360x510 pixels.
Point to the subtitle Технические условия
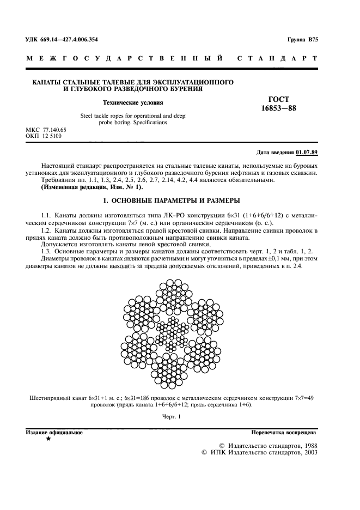tap(133, 102)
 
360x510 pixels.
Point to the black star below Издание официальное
tap(49, 439)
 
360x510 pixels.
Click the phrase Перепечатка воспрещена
tap(284, 432)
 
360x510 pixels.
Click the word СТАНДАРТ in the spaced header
tap(278, 58)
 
